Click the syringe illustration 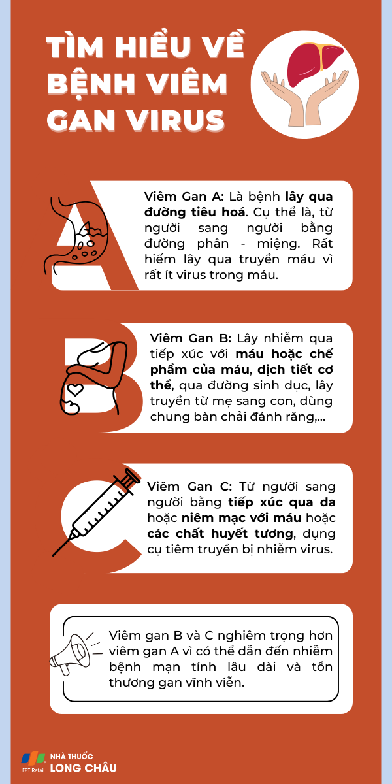(98, 513)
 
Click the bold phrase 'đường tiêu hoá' (195, 212)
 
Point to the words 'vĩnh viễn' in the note (218, 682)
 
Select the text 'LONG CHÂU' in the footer (83, 768)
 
